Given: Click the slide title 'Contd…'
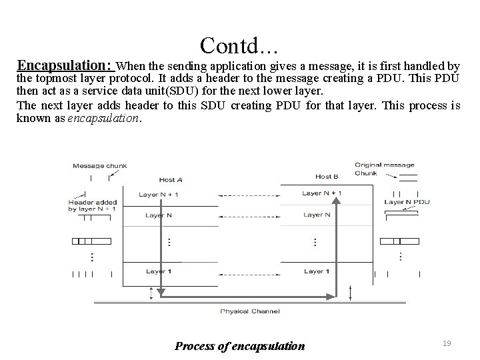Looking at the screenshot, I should click(x=239, y=45).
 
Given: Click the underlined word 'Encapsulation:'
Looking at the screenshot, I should click(x=65, y=65).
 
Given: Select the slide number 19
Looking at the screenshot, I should click(x=447, y=343).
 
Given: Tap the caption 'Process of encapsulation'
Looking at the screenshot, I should click(x=239, y=345).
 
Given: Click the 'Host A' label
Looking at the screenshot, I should click(x=171, y=180).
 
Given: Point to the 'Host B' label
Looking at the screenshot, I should click(x=327, y=177).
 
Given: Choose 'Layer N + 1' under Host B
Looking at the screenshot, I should click(x=322, y=193).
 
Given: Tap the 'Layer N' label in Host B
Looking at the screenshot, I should click(x=317, y=215).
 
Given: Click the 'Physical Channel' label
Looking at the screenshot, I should click(x=250, y=311).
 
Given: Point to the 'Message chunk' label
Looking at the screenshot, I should click(x=99, y=166).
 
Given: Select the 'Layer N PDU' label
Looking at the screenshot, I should click(x=407, y=201).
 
